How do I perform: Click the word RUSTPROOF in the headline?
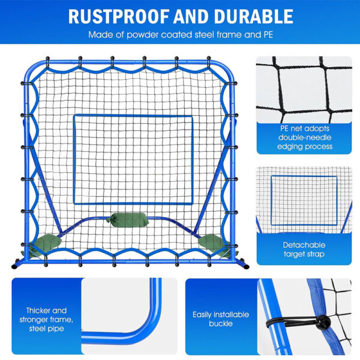tap(118, 17)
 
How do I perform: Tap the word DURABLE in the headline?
tap(253, 17)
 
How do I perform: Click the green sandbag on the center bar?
tap(127, 220)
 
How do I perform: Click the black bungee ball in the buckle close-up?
tap(323, 322)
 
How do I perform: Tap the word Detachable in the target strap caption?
tap(304, 245)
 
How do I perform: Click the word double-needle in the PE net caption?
tap(305, 137)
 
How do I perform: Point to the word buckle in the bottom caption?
tap(221, 323)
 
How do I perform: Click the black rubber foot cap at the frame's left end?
tap(14, 266)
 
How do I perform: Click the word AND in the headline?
tap(191, 17)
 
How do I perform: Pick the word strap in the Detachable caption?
tap(316, 254)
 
